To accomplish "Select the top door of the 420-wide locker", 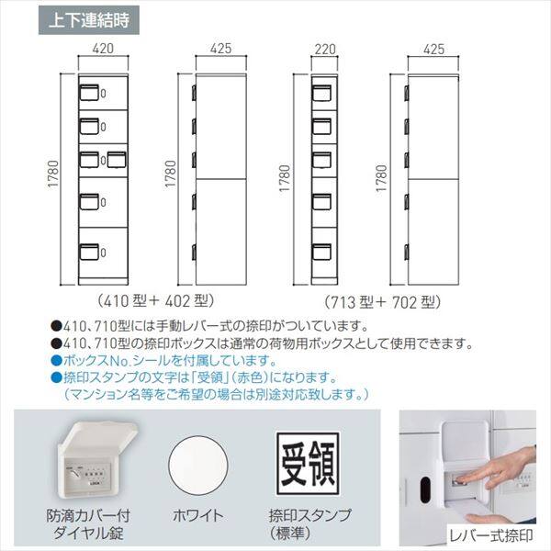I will (101, 92).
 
